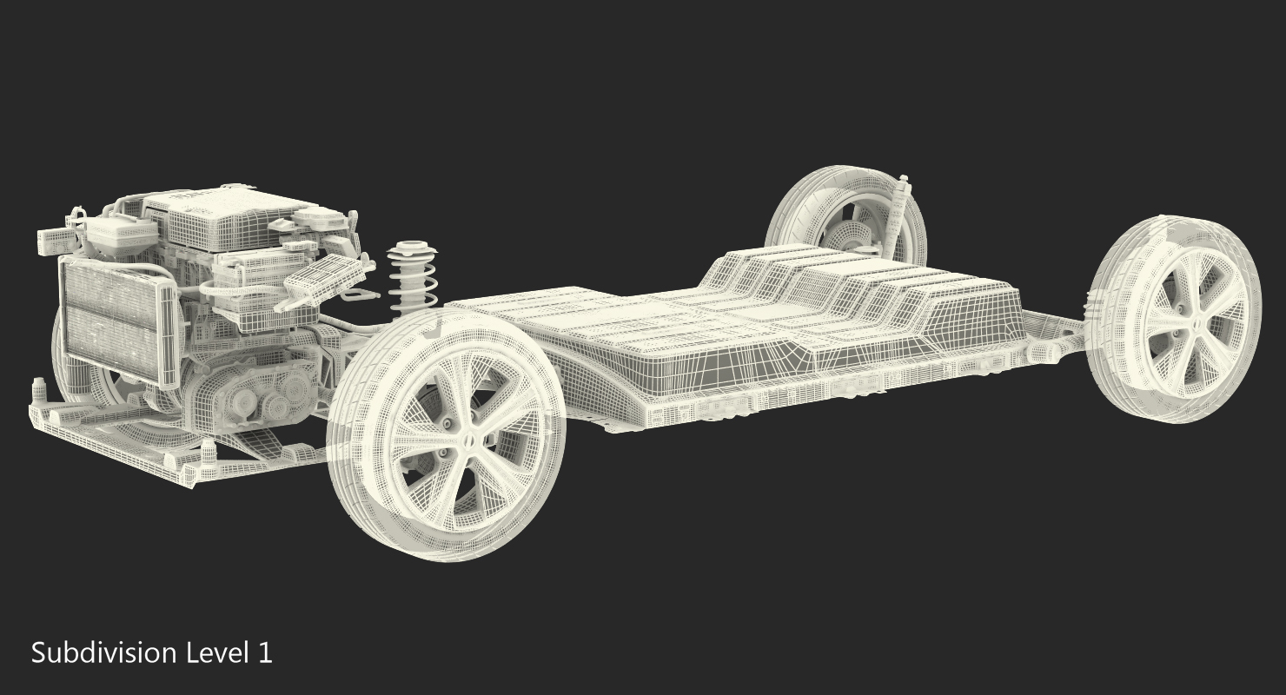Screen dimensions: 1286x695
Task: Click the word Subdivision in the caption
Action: coord(104,653)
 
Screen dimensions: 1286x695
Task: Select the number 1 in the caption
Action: coord(265,653)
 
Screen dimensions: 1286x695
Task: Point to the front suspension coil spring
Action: coord(412,278)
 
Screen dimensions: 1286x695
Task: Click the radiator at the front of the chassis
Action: coord(117,321)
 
